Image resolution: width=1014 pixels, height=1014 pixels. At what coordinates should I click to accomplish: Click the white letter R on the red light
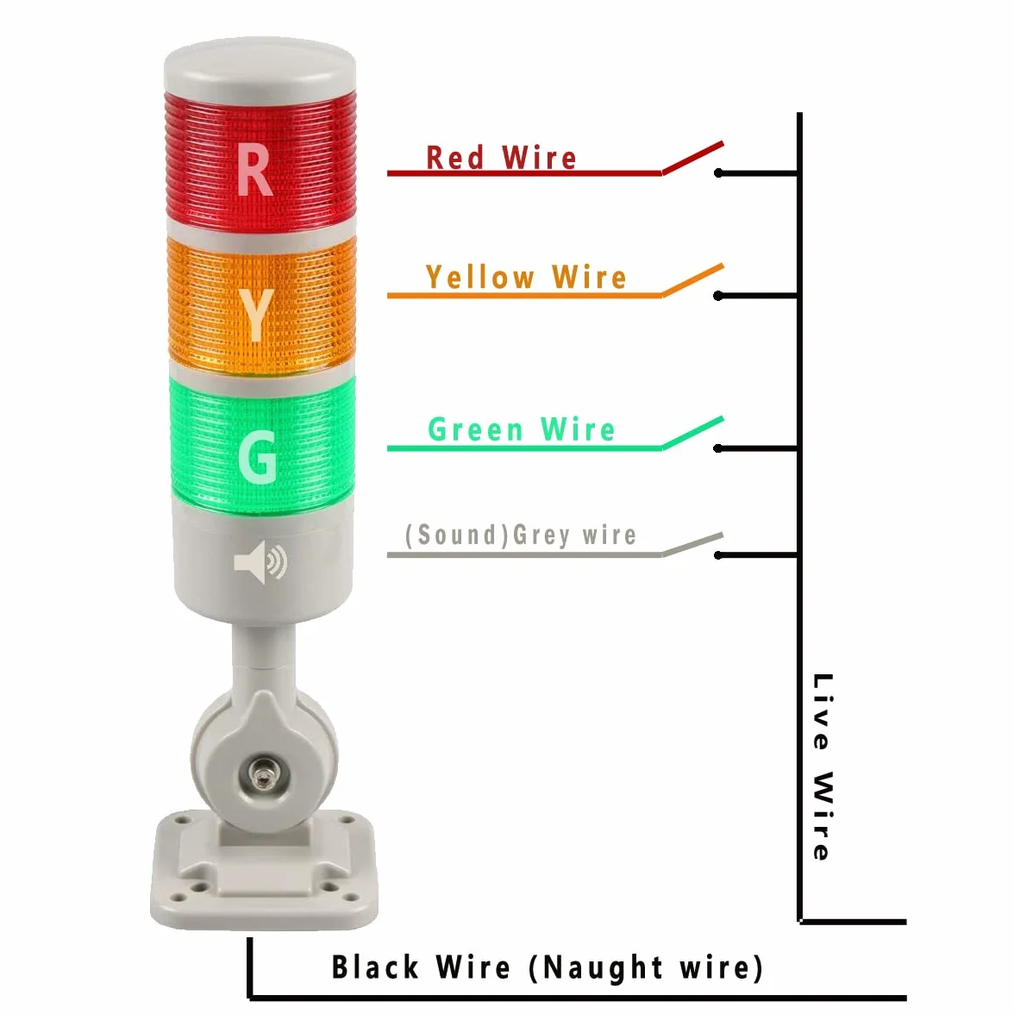(x=255, y=169)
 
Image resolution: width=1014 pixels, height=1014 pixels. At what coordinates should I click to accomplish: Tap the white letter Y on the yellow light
(x=255, y=315)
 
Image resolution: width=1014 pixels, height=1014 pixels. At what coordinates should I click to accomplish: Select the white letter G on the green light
(x=257, y=457)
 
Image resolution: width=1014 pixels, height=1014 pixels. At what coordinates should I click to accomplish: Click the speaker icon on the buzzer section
(x=260, y=562)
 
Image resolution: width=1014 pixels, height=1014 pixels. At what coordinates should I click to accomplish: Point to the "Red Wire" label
(x=501, y=158)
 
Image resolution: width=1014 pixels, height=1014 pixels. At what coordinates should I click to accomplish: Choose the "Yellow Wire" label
(x=526, y=278)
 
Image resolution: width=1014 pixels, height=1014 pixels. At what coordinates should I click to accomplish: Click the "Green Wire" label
(x=521, y=429)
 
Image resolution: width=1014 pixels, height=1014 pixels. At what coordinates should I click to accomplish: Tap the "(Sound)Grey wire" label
(x=521, y=535)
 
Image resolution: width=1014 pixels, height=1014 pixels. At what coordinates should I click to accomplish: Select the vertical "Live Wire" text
(x=823, y=767)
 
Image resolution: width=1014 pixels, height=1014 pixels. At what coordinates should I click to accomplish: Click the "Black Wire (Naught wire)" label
(x=547, y=968)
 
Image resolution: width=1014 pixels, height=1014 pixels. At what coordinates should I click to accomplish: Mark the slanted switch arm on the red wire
(x=692, y=158)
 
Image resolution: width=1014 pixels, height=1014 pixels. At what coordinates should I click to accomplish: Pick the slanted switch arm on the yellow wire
(x=692, y=280)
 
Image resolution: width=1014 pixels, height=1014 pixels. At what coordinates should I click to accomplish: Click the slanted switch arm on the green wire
(x=692, y=433)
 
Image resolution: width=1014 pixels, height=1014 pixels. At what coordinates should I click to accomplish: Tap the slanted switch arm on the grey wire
(x=692, y=544)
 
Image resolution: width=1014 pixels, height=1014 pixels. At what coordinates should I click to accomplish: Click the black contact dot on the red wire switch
(x=718, y=173)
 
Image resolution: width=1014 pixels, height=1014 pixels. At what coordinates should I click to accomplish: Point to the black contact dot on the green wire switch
(x=718, y=448)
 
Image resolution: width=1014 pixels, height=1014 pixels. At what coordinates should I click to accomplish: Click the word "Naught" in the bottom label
(x=602, y=968)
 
